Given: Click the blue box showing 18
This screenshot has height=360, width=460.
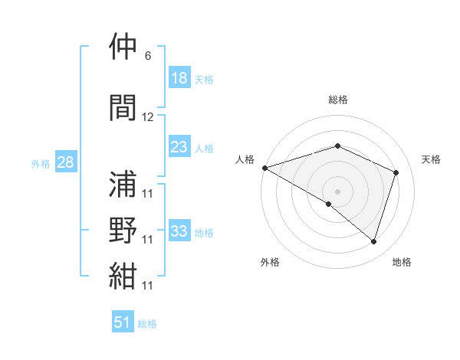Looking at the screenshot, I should coord(179,78).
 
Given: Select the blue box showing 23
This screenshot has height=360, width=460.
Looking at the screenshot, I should coord(179,148).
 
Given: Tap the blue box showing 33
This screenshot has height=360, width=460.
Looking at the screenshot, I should coord(179,231).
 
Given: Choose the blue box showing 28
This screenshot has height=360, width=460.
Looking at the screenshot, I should coord(65,163).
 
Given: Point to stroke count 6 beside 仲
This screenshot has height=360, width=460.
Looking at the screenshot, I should coord(147,56).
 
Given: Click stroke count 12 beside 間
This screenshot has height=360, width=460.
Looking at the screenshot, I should coord(148,117).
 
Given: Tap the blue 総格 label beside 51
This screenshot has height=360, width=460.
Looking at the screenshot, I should coord(147,324).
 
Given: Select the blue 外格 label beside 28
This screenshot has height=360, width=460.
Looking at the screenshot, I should coord(41,164).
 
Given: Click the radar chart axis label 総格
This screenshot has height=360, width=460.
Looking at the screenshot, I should coord(338,100).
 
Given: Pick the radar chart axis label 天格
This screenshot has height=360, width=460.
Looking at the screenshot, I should coord(432,159).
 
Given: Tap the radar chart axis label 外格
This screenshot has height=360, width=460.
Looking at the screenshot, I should coord(270,262).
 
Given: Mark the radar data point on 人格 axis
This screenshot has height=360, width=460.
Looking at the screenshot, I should coord(264,168).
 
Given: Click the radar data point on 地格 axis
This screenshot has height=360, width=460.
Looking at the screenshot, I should coord(373,241).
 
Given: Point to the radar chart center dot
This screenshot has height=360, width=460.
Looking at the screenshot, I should coord(337,191).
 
